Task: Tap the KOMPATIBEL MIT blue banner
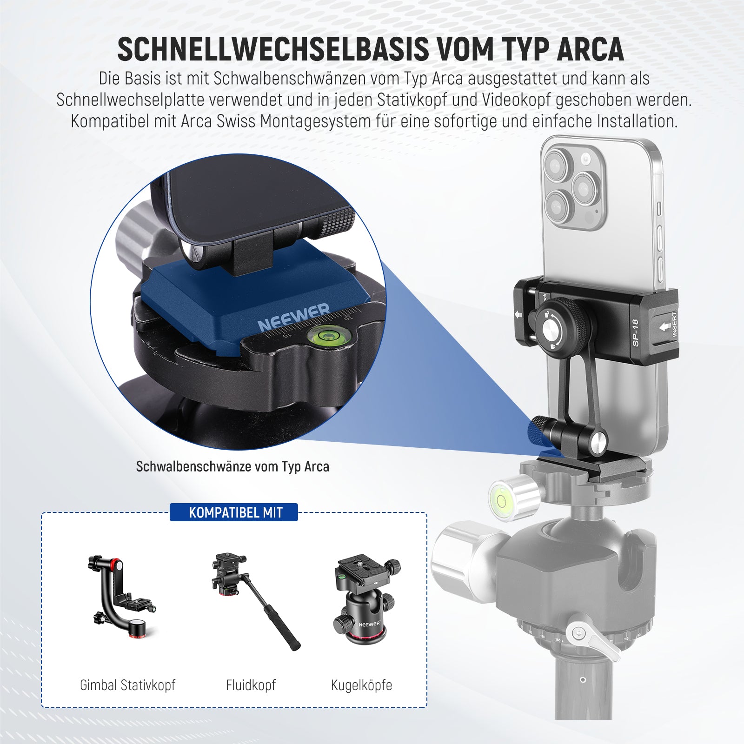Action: (236, 512)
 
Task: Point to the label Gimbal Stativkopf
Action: (128, 685)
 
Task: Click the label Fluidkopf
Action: (251, 685)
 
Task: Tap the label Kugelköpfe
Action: (361, 685)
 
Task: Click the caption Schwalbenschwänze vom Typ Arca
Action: (232, 466)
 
